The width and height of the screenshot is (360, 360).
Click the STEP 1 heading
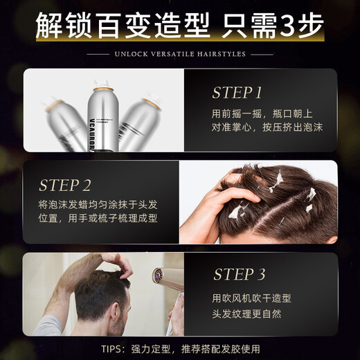click(x=237, y=93)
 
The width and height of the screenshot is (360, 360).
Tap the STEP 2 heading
click(x=64, y=185)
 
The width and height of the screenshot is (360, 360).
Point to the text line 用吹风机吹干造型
click(x=251, y=298)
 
